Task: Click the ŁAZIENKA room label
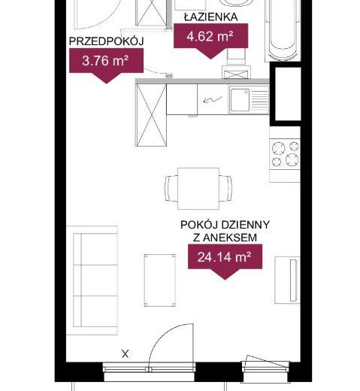210,17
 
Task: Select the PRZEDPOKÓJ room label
106,41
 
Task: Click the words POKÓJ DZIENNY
225,225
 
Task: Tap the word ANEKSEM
230,238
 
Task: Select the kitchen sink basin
240,100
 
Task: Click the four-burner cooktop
285,154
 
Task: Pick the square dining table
198,189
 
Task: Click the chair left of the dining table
171,188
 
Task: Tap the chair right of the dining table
225,188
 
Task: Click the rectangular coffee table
159,280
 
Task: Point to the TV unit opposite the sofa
287,280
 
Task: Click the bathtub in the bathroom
283,30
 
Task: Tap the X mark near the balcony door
126,354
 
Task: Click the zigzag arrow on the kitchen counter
213,100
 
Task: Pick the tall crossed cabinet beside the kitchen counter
151,115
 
